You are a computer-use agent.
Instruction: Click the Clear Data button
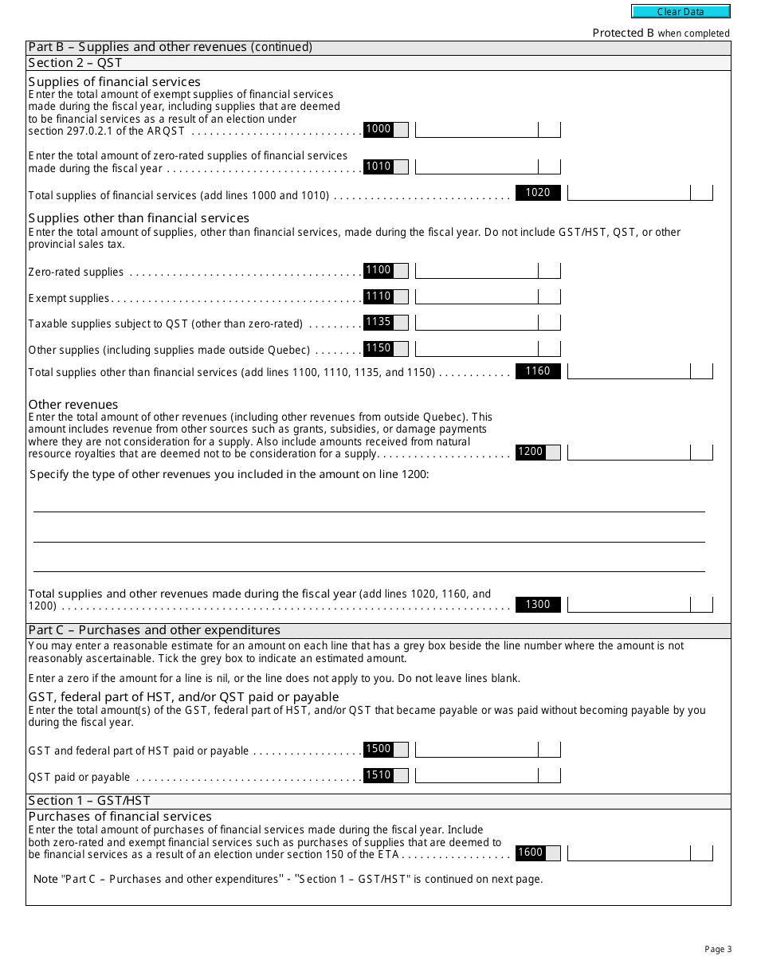click(681, 12)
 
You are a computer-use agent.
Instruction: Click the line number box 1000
click(378, 129)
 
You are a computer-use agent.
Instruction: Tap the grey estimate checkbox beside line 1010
click(401, 167)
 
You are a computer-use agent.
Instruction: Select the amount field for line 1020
click(629, 193)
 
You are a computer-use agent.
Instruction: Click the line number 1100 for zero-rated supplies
click(378, 270)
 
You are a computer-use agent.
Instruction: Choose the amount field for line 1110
click(477, 297)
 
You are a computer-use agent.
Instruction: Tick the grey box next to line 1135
click(401, 323)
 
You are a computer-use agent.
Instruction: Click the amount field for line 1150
click(477, 349)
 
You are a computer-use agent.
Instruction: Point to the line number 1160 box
click(538, 371)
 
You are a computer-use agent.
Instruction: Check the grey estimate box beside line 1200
click(552, 453)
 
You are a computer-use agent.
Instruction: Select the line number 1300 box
click(538, 605)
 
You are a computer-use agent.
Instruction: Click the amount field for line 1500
click(477, 750)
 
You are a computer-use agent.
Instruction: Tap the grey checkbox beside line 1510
click(401, 775)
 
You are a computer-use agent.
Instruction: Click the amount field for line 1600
click(629, 853)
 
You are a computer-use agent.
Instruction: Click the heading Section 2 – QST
click(75, 63)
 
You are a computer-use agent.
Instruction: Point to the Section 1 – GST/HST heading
click(89, 801)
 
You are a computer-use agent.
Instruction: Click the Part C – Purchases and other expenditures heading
click(154, 630)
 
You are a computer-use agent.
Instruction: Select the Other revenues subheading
click(73, 404)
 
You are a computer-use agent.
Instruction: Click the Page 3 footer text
click(718, 949)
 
